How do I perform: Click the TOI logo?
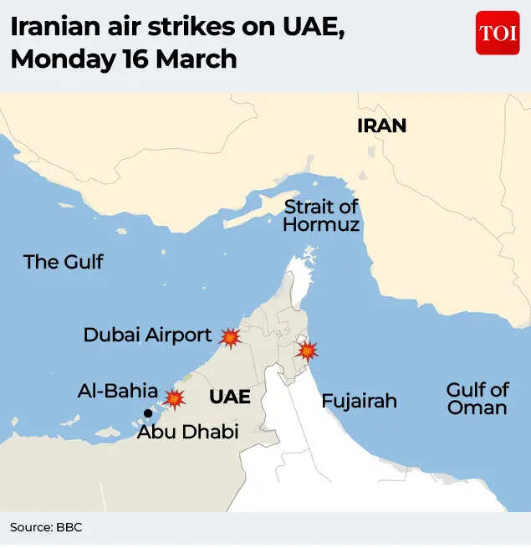click(498, 33)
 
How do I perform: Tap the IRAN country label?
click(381, 126)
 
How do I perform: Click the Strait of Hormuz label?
click(321, 216)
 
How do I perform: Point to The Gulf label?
click(64, 262)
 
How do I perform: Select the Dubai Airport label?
click(147, 335)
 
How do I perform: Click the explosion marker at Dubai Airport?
click(230, 337)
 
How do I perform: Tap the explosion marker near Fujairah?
click(306, 351)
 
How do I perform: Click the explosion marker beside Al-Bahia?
click(175, 398)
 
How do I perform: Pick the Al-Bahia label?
click(117, 391)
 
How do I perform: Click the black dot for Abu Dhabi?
click(149, 412)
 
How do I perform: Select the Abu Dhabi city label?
click(187, 433)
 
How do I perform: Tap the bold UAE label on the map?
click(230, 397)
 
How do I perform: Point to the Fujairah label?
click(360, 402)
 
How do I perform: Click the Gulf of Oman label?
click(477, 399)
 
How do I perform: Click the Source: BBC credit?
click(46, 527)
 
